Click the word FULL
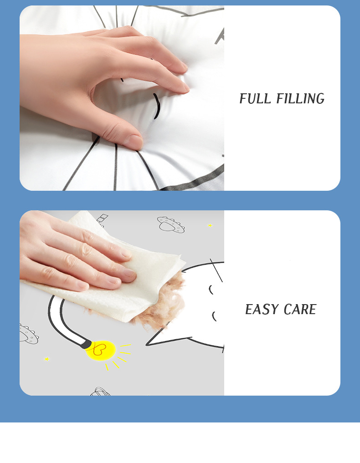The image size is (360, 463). coord(255,99)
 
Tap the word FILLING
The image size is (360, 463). coord(300,99)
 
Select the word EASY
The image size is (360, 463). coord(262,310)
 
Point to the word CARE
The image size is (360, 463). coord(300,310)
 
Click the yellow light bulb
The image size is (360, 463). coord(101,351)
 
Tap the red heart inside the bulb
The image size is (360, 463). coord(99,349)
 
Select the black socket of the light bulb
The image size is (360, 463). coord(87,344)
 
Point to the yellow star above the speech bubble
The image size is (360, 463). coord(210,225)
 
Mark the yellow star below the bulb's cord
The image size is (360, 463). coord(46,359)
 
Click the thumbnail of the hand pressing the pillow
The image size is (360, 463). coord(122,98)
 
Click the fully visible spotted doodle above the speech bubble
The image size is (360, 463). coord(171,224)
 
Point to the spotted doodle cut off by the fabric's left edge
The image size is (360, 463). coord(28,334)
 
